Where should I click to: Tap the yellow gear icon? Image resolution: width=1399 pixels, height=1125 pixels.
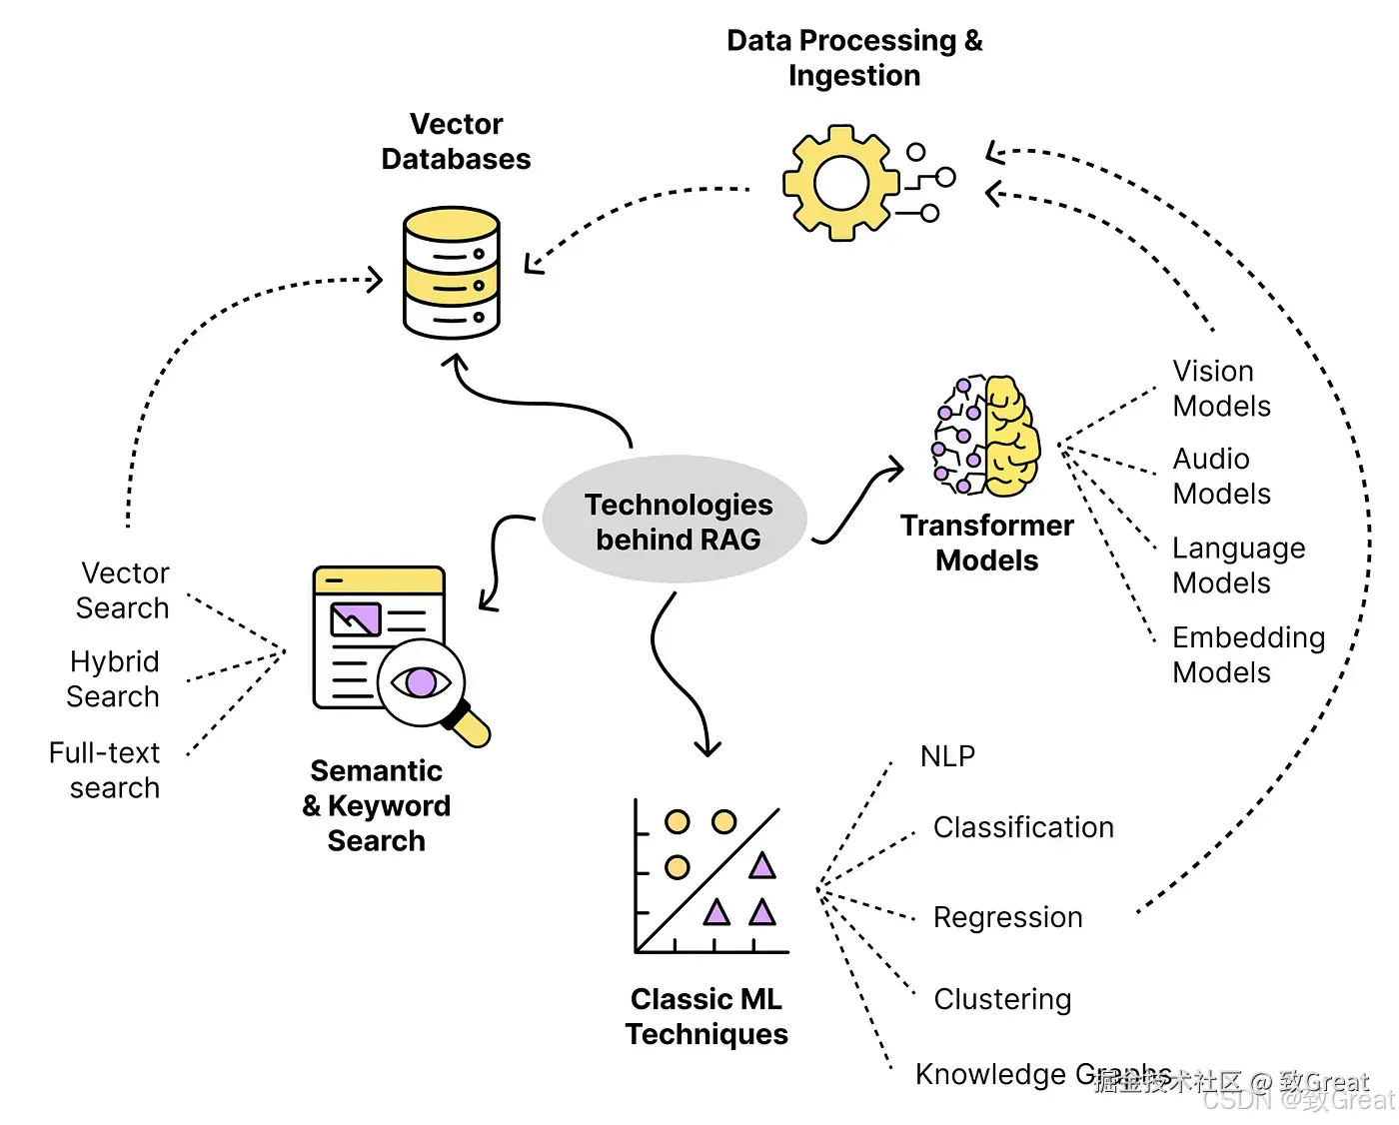839,183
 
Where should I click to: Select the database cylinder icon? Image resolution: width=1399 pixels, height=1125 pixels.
451,272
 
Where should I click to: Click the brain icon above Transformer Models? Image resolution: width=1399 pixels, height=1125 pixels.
986,436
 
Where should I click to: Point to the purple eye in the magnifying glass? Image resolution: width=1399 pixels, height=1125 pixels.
421,683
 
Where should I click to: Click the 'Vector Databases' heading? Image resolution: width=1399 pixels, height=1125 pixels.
456,142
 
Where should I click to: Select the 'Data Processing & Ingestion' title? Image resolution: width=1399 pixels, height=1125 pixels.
854,58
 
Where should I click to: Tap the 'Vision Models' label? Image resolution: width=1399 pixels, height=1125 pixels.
1221,389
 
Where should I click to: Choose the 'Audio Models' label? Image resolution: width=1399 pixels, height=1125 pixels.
1221,477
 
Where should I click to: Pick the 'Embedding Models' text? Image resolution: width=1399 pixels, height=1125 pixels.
1248,654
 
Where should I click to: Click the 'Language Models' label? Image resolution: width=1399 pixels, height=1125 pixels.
1238,565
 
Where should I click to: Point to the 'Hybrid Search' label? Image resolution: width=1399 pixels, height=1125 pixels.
113,679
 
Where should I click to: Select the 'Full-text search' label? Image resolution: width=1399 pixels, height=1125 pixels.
105,770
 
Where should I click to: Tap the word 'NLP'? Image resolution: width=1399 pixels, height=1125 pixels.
947,756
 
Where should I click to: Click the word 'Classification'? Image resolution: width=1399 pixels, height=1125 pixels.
1023,827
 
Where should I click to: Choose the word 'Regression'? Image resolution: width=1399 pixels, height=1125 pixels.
1007,917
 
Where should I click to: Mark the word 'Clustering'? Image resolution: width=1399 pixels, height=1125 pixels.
1002,999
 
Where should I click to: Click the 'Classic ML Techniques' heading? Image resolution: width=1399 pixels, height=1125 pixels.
706,1016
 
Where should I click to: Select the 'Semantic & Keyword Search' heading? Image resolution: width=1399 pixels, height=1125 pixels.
377,805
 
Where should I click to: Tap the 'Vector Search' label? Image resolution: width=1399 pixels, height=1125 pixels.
123,590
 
